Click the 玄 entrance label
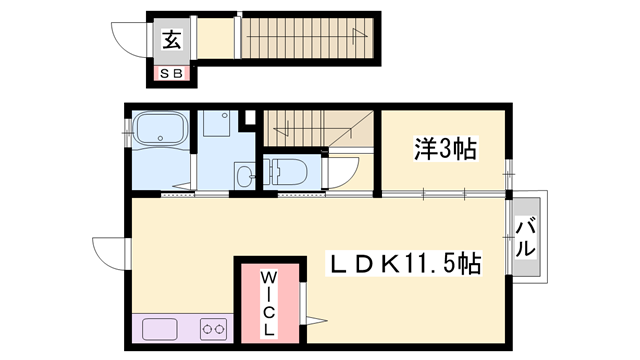tap(172, 40)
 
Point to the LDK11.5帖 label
tap(405, 264)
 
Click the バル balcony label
tap(526, 239)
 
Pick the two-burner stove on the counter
tap(213, 327)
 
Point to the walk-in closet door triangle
tap(316, 321)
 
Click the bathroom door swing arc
tap(180, 180)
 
